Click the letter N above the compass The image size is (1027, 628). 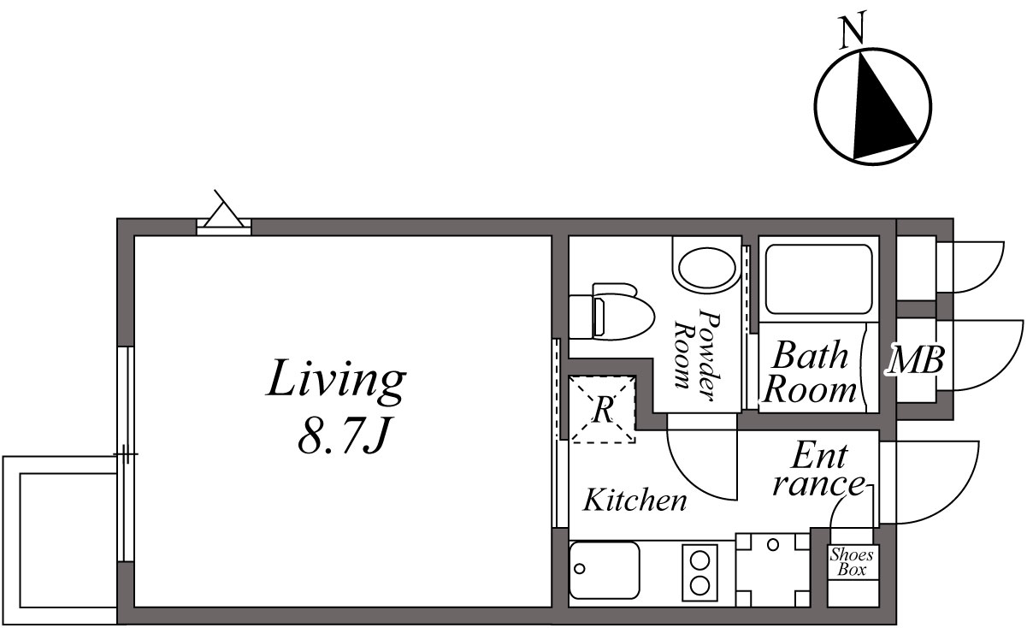click(x=852, y=32)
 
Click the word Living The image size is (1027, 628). click(x=334, y=382)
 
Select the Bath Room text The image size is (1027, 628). click(x=809, y=373)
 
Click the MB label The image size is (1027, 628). click(x=915, y=361)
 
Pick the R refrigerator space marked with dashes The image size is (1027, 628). click(x=603, y=409)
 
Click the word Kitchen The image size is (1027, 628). click(x=634, y=501)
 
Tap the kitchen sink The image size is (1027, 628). click(x=605, y=570)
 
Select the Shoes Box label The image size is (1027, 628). click(x=851, y=562)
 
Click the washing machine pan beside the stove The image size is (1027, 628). click(x=773, y=570)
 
